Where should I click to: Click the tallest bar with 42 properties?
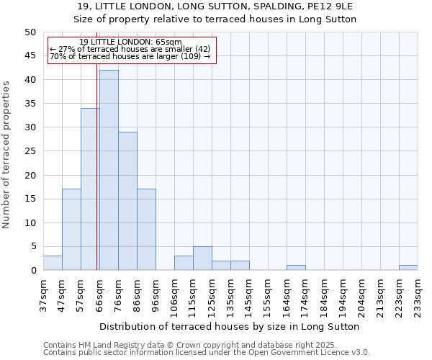click(109, 170)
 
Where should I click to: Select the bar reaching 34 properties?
click(90, 189)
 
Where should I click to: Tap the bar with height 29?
click(127, 201)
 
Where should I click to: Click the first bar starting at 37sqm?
click(53, 263)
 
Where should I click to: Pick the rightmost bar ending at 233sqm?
click(408, 268)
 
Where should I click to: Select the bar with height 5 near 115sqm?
click(202, 258)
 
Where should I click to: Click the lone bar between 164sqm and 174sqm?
click(296, 268)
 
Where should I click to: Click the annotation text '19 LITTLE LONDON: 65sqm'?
click(130, 42)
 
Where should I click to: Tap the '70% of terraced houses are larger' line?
click(130, 56)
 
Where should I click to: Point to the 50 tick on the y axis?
click(30, 32)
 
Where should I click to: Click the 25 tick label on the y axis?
click(30, 151)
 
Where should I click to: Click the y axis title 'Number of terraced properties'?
click(6, 154)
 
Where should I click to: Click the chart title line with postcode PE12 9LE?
click(217, 6)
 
